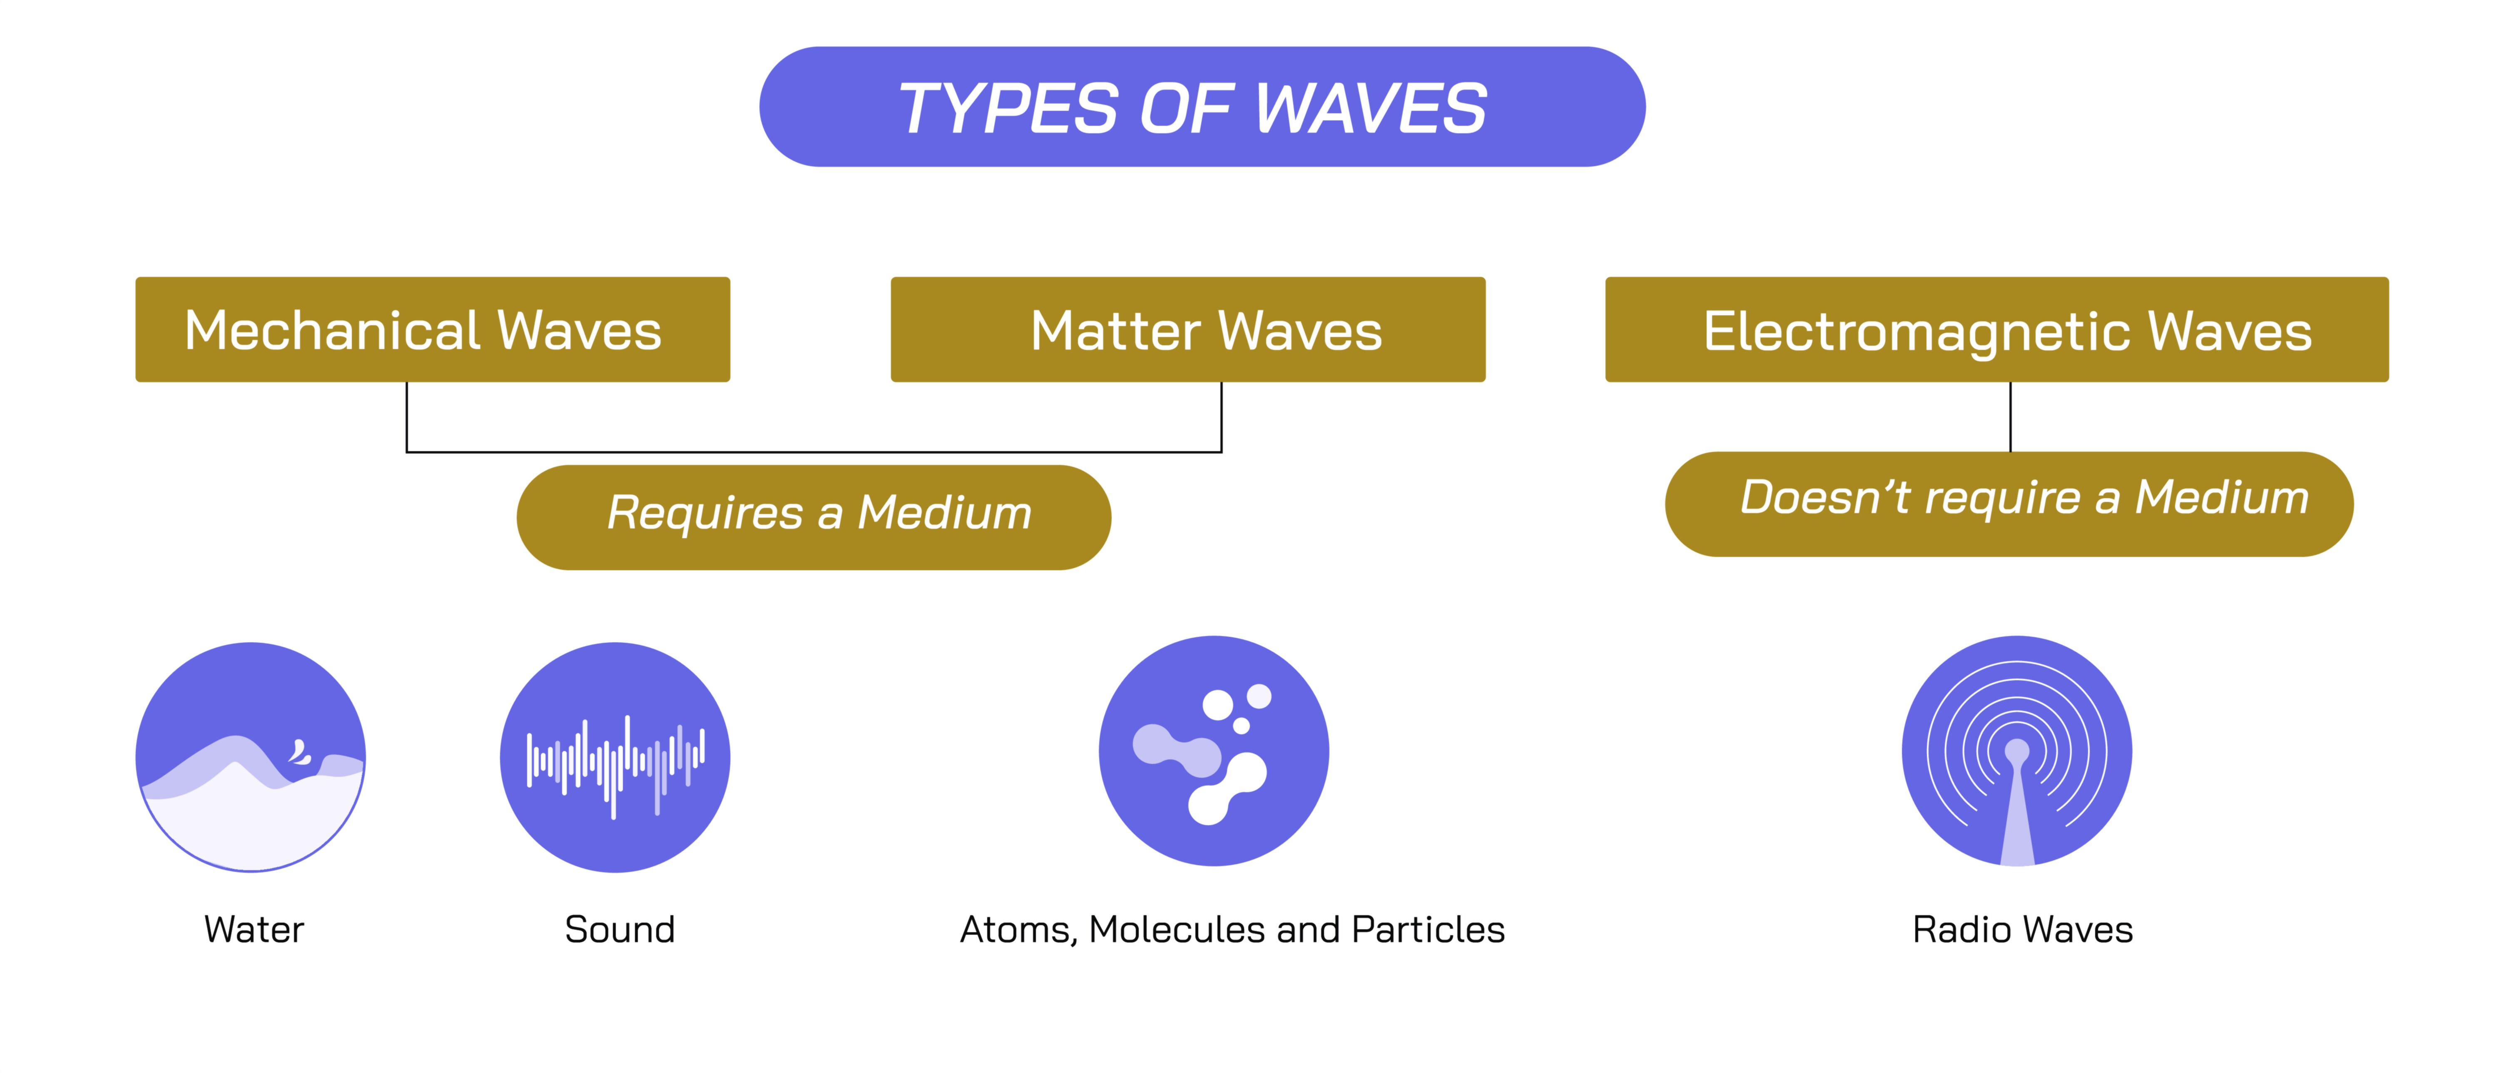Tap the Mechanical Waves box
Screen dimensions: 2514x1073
click(432, 329)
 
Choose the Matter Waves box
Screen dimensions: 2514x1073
click(1188, 329)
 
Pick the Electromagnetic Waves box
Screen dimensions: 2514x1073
click(1997, 329)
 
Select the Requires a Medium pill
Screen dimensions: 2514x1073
click(814, 517)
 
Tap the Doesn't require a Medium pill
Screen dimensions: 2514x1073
click(2009, 504)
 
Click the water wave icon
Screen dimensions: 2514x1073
click(251, 757)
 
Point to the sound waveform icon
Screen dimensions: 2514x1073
click(615, 757)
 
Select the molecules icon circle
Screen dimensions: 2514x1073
click(1214, 751)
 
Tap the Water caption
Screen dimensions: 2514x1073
click(254, 929)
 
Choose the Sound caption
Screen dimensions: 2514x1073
click(620, 929)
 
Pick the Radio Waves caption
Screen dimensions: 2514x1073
click(2022, 929)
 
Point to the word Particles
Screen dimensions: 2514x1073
click(1429, 929)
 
